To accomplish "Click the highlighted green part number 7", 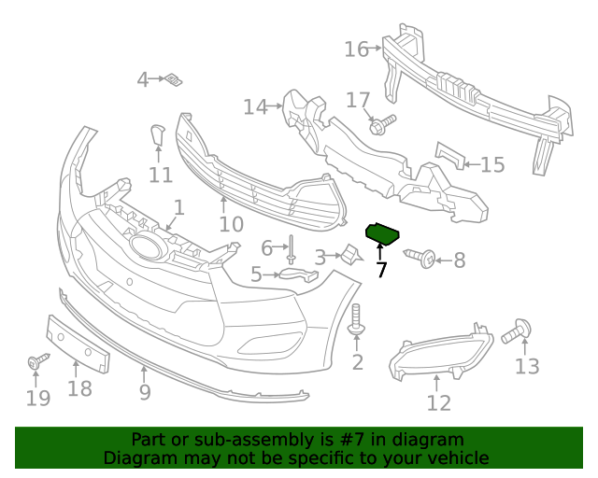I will [x=382, y=232].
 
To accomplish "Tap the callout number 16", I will [x=357, y=49].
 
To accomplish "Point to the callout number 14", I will [x=255, y=107].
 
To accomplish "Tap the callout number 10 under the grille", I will [x=231, y=224].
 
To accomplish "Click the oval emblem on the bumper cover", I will [x=147, y=246].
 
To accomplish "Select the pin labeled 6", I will [x=292, y=247].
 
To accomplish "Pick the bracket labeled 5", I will [x=298, y=275].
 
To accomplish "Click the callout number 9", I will [x=145, y=392].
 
